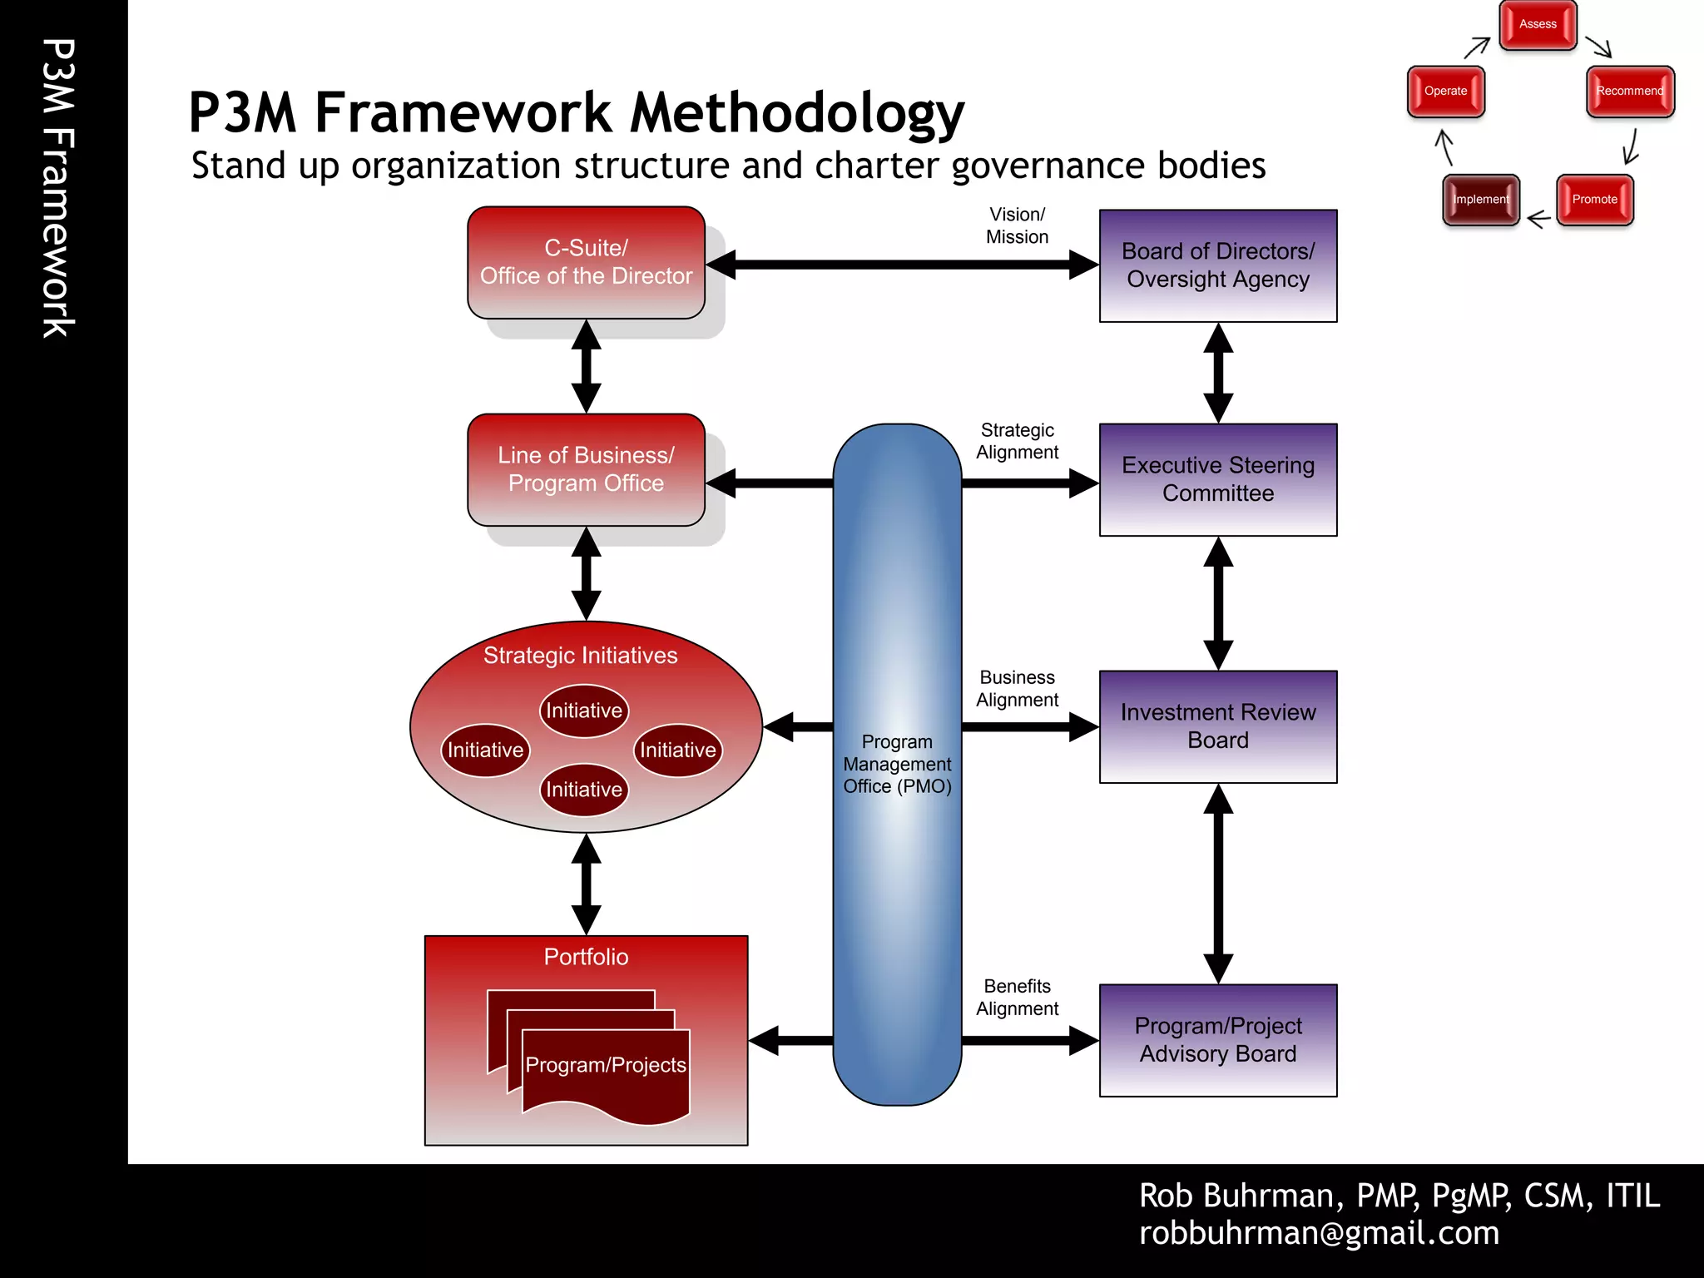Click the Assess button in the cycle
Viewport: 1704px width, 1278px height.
(1538, 25)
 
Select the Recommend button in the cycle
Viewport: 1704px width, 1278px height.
(1629, 92)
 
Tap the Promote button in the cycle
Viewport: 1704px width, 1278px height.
(1594, 200)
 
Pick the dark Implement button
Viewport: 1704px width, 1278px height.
(1480, 200)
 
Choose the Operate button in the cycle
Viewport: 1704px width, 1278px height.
(1445, 92)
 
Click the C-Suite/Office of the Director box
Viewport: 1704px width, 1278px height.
(586, 263)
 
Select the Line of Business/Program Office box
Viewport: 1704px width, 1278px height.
(586, 470)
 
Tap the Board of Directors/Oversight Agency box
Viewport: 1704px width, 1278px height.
(1217, 265)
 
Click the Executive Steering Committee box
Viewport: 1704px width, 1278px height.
(1217, 479)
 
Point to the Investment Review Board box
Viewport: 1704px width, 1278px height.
(1217, 726)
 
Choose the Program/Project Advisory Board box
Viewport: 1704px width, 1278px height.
(1217, 1040)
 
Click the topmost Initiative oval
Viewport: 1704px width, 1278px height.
(583, 711)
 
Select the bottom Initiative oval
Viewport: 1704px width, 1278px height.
(583, 790)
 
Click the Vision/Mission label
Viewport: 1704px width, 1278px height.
(1017, 225)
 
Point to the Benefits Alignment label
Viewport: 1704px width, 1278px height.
(1017, 997)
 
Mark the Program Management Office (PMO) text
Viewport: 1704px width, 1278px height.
(897, 764)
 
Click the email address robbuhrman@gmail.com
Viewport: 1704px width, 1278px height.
(1319, 1233)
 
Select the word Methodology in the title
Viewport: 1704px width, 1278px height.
(796, 113)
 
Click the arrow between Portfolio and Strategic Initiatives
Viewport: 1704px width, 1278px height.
(586, 884)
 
